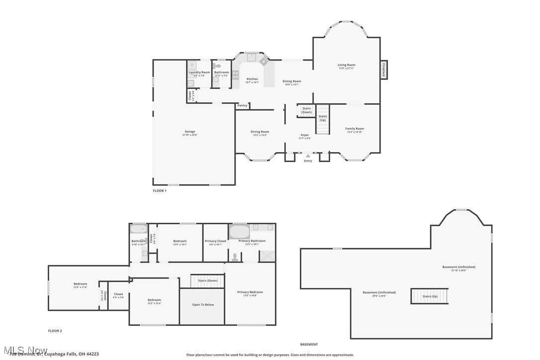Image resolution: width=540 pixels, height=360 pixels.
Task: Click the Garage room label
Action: [190, 132]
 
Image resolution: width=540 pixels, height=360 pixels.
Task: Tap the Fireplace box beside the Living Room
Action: [383, 69]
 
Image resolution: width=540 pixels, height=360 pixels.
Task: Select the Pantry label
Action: [242, 105]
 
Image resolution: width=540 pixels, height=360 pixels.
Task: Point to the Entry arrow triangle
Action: [308, 156]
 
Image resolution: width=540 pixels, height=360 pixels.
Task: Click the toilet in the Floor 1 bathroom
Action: [217, 66]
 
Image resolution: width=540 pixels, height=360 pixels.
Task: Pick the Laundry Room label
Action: [199, 73]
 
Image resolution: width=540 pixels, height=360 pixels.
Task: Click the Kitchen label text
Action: [252, 79]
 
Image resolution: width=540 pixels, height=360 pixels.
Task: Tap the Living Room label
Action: [346, 65]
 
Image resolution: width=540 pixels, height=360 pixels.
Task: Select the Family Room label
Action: [355, 129]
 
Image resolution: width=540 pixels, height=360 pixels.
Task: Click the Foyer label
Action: [304, 135]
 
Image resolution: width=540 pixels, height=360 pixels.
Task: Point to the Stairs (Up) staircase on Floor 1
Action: [323, 119]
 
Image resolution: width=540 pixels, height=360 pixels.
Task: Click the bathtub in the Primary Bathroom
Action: [239, 232]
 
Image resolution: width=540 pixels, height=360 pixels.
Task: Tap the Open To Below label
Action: [203, 304]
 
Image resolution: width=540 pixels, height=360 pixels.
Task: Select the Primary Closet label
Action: [215, 241]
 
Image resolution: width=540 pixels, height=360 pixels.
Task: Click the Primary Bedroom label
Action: [250, 292]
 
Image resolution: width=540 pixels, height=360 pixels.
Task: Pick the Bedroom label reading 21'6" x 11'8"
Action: [80, 284]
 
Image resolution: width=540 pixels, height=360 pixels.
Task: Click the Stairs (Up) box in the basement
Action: [429, 296]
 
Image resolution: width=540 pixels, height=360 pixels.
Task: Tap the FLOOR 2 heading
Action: [55, 331]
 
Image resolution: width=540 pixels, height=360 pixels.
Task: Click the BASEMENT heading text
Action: [309, 344]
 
